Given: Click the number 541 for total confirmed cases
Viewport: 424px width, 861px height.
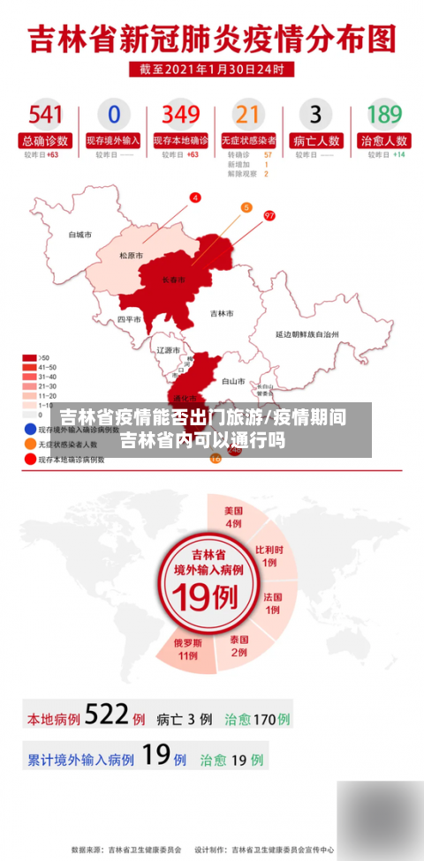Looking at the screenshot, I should (x=45, y=115).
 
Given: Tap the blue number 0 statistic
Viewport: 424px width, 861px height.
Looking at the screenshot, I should (x=113, y=115).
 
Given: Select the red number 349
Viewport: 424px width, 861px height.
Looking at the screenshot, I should (x=181, y=115).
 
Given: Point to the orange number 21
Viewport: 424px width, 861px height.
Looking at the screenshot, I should (x=248, y=115).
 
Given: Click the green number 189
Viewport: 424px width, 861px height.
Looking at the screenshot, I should (x=384, y=115).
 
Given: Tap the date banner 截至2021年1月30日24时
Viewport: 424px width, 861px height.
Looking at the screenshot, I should (x=212, y=69).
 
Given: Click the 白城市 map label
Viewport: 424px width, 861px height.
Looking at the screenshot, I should (x=80, y=235).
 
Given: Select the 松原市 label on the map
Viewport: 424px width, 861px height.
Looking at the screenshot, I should (x=132, y=255).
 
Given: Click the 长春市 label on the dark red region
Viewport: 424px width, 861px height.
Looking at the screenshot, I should (x=174, y=280).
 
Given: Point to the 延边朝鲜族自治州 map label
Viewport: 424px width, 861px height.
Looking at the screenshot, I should (x=307, y=334).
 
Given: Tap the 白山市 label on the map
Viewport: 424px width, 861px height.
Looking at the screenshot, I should (x=233, y=381).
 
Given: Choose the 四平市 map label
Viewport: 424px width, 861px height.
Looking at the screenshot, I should (x=129, y=319).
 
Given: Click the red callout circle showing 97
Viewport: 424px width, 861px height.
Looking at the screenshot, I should (x=269, y=214).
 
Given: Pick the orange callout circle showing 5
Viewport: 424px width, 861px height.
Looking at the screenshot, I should (x=246, y=207).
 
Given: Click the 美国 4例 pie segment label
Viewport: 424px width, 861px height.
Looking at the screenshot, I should (x=233, y=517).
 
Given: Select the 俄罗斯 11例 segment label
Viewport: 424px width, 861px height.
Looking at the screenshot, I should (x=187, y=648).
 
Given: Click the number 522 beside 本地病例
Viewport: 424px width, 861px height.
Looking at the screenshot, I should (x=107, y=715).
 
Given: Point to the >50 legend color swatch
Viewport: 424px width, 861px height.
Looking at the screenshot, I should (x=30, y=358).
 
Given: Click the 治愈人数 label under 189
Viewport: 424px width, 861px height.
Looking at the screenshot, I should (x=384, y=140).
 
